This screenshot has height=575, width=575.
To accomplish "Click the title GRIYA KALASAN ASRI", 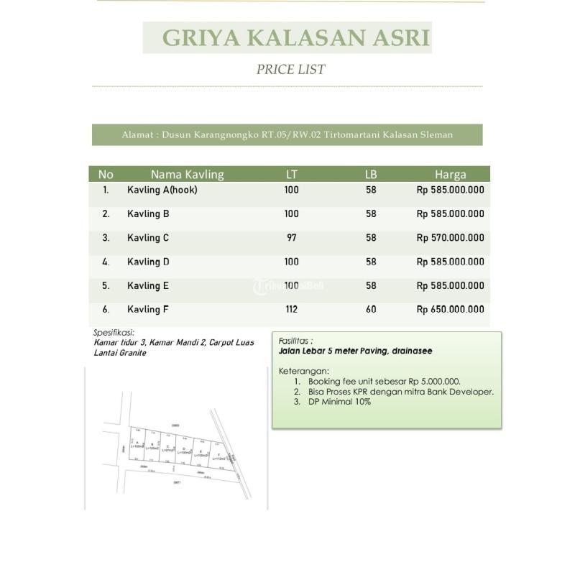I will pyautogui.click(x=287, y=38).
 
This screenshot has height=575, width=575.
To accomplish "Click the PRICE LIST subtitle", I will pyautogui.click(x=290, y=70).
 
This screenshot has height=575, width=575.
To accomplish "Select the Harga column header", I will pyautogui.click(x=450, y=174).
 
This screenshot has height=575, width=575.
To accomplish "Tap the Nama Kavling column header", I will pyautogui.click(x=187, y=174).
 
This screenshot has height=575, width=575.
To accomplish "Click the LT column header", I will pyautogui.click(x=291, y=174).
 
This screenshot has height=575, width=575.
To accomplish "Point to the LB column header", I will pyautogui.click(x=371, y=174).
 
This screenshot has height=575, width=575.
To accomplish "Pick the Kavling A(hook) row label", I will pyautogui.click(x=162, y=190).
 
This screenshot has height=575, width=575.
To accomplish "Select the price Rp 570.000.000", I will pyautogui.click(x=450, y=238).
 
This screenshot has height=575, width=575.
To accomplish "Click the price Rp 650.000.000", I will pyautogui.click(x=450, y=310).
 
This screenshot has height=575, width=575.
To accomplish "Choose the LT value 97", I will pyautogui.click(x=291, y=238).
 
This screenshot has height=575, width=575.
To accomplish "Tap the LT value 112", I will pyautogui.click(x=291, y=310).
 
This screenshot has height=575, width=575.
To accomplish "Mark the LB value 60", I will pyautogui.click(x=371, y=310).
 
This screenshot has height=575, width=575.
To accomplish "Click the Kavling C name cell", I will pyautogui.click(x=148, y=238).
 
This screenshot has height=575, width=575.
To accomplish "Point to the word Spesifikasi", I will pyautogui.click(x=114, y=333).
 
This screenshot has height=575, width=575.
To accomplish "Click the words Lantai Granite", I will pyautogui.click(x=120, y=353).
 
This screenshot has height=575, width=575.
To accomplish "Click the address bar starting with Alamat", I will pyautogui.click(x=287, y=134).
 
